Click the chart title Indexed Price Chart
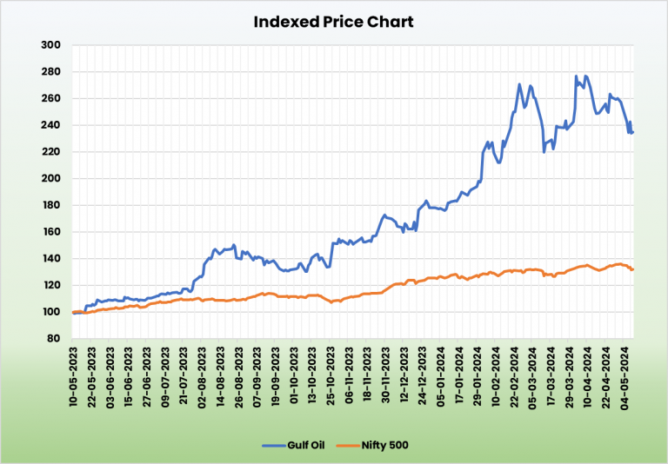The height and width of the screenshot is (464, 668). [x=333, y=21]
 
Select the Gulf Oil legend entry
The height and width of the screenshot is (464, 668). [x=309, y=445]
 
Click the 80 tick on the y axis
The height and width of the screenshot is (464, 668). [x=54, y=339]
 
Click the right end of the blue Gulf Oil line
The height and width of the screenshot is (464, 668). [x=633, y=132]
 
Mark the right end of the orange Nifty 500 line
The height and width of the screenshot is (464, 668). [x=633, y=269]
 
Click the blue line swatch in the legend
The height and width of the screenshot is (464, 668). [x=273, y=445]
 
